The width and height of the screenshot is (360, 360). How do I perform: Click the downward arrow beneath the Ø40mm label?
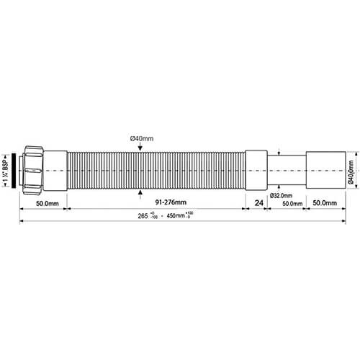pos(139,148)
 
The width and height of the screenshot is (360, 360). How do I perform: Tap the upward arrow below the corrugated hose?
pos(139,192)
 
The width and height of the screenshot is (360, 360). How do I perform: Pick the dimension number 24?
pos(258,204)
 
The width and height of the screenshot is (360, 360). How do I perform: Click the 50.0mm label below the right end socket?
pos(325,204)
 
